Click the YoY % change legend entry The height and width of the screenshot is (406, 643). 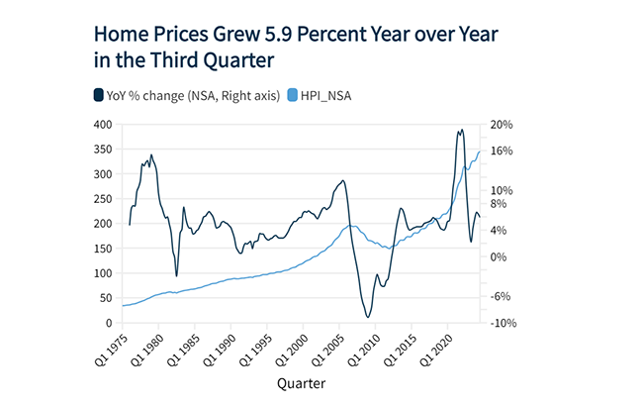coord(179,95)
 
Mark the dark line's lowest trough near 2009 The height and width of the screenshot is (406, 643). coord(368,317)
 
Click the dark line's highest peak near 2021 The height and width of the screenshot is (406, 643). coord(460,130)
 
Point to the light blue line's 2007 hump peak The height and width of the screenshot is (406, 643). coord(353,226)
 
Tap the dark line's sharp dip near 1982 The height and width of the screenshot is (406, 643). coord(176,276)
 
